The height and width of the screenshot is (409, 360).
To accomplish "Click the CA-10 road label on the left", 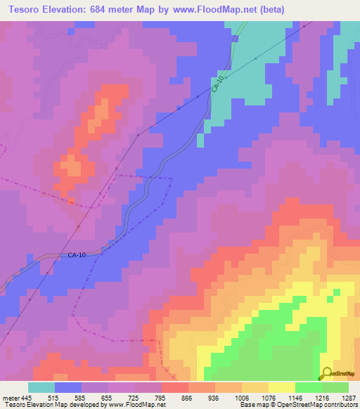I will tap(77, 255).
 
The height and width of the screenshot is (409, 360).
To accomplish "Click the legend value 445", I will tap(26, 397).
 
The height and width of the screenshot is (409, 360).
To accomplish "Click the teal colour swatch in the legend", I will tap(41, 387).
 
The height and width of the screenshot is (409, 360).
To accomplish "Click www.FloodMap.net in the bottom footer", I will tap(133, 405).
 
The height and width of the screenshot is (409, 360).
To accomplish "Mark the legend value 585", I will tap(82, 397).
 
